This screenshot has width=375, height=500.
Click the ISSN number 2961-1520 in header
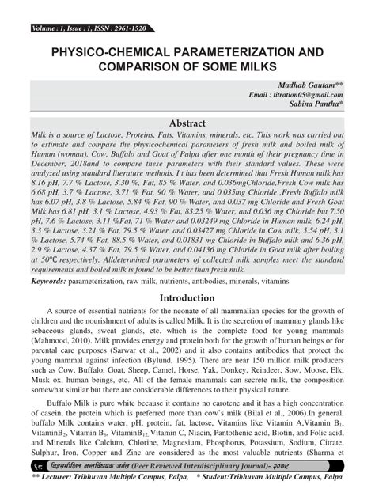121,7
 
